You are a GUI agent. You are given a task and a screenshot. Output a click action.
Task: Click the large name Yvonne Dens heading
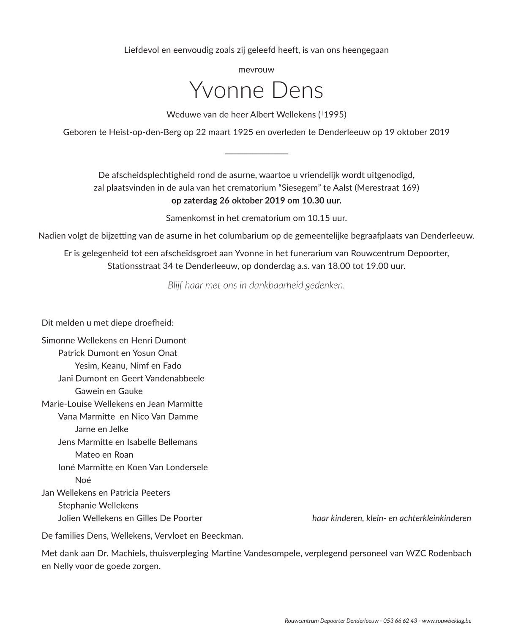point(256,90)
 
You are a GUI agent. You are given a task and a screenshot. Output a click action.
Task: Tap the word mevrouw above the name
point(256,70)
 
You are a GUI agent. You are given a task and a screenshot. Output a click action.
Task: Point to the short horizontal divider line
point(256,154)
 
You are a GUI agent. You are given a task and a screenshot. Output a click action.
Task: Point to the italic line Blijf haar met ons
point(256,285)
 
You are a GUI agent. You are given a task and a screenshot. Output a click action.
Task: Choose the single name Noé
point(83,480)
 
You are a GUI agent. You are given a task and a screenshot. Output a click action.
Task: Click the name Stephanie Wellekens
point(98,505)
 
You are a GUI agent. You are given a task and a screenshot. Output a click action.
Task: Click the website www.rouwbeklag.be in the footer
point(447,621)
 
